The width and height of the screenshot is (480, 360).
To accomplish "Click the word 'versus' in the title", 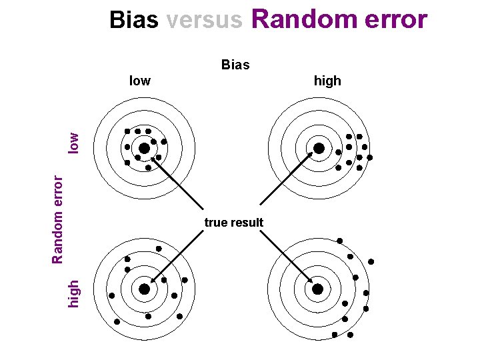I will click(x=205, y=20).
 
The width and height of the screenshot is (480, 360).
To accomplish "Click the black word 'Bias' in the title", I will click(x=134, y=20).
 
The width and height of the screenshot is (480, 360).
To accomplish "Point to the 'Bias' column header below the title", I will click(x=235, y=65).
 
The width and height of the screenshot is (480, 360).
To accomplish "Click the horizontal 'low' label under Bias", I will click(x=139, y=81).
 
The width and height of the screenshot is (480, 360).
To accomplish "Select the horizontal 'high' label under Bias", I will click(x=327, y=81).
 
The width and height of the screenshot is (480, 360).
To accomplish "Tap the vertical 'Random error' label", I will click(x=58, y=218).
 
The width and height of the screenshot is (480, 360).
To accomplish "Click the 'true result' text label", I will click(x=234, y=222).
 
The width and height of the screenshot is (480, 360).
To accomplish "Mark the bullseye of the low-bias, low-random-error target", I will click(x=144, y=148).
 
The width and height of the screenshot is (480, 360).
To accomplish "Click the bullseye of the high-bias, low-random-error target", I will click(x=319, y=148).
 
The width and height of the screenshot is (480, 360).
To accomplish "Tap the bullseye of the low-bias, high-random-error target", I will click(x=144, y=289).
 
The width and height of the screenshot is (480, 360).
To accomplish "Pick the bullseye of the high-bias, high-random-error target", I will click(x=318, y=289).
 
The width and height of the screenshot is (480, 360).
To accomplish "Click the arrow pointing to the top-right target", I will click(x=287, y=177).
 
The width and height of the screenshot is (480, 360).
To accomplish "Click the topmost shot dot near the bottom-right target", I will click(x=339, y=240).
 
